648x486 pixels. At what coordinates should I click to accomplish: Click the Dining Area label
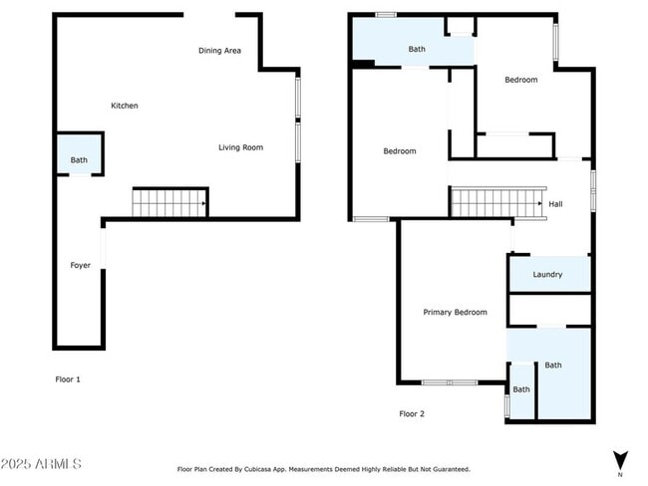click(x=219, y=51)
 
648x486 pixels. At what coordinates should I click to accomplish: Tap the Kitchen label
click(x=124, y=106)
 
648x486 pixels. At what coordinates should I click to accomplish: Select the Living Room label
click(x=240, y=147)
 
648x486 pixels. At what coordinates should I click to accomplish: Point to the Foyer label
click(x=80, y=265)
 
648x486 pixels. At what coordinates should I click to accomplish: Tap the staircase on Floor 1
click(x=169, y=203)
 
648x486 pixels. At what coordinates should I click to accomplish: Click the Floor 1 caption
click(x=67, y=379)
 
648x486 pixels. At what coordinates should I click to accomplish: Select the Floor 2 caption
click(x=412, y=413)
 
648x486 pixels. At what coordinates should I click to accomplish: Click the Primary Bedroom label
click(x=455, y=312)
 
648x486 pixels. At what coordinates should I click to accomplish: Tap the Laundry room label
click(x=547, y=275)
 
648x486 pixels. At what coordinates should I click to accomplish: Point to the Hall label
click(x=555, y=204)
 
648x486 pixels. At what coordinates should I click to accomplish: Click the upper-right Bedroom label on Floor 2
click(x=520, y=80)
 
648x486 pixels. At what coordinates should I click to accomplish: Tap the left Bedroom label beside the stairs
click(x=400, y=151)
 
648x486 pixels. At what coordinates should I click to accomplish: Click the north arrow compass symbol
click(x=620, y=461)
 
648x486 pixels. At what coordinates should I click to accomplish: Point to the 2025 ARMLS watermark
click(x=42, y=464)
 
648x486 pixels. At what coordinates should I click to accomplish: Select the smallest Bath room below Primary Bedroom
click(x=521, y=389)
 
